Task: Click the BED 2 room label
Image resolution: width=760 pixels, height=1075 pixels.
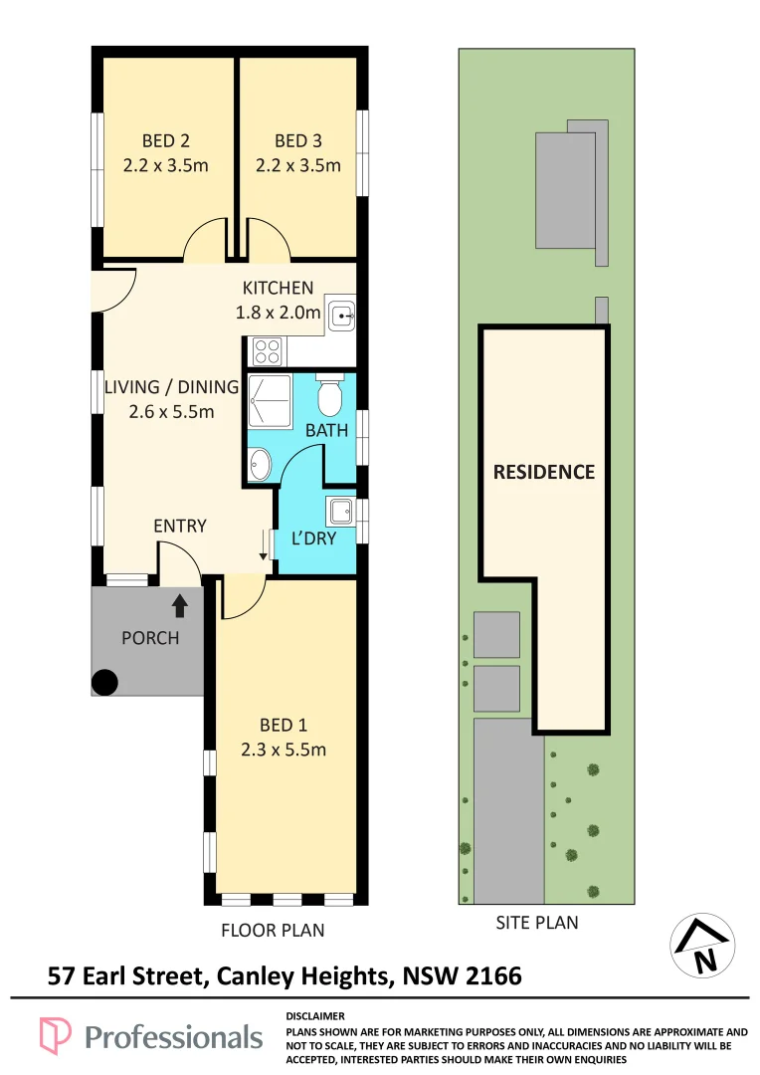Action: pyautogui.click(x=166, y=140)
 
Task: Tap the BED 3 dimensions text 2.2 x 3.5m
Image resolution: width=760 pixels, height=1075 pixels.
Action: pyautogui.click(x=298, y=165)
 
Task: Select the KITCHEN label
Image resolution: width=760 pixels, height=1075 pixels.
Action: pyautogui.click(x=278, y=288)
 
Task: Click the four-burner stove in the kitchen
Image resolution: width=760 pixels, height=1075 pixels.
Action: pyautogui.click(x=267, y=351)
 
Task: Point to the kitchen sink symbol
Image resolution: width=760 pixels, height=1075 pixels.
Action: pyautogui.click(x=340, y=315)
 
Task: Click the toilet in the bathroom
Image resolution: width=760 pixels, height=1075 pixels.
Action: pyautogui.click(x=329, y=396)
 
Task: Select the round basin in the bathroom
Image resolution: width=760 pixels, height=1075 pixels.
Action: pyautogui.click(x=260, y=464)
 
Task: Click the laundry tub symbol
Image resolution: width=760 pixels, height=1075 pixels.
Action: pyautogui.click(x=340, y=511)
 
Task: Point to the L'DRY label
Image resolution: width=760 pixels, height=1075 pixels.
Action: pyautogui.click(x=314, y=538)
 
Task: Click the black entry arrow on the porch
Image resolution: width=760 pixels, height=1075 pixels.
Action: pyautogui.click(x=179, y=605)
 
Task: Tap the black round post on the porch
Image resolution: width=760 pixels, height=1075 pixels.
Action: pyautogui.click(x=104, y=682)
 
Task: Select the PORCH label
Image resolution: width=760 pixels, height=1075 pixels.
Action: pyautogui.click(x=150, y=638)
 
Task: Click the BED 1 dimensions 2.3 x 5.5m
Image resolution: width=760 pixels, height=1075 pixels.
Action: pyautogui.click(x=284, y=750)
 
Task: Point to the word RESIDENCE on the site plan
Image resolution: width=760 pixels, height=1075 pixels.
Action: pyautogui.click(x=544, y=472)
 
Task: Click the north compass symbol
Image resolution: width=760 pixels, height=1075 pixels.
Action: pyautogui.click(x=702, y=945)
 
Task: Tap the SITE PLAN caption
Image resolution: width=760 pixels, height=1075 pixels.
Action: pyautogui.click(x=537, y=923)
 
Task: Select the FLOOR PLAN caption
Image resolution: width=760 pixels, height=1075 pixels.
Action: pyautogui.click(x=273, y=931)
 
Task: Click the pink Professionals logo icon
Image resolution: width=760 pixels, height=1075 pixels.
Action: pyautogui.click(x=55, y=1035)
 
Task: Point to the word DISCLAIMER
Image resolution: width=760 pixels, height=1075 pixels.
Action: pyautogui.click(x=315, y=1016)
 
